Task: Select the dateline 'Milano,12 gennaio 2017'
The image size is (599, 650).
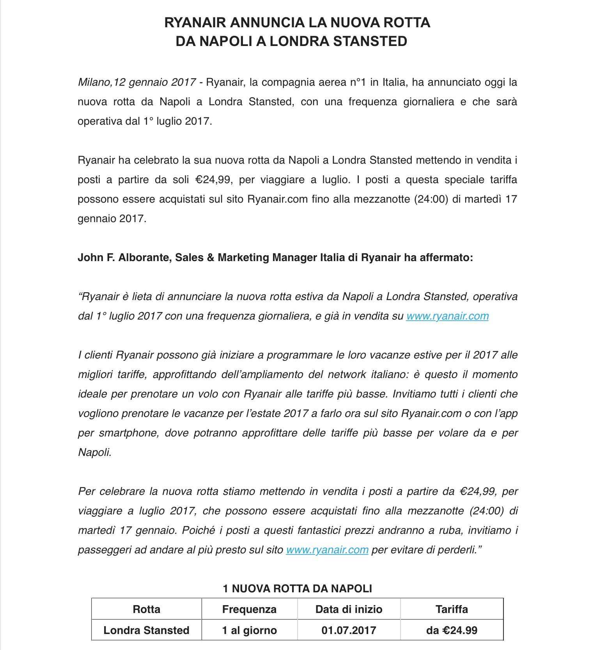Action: (137, 82)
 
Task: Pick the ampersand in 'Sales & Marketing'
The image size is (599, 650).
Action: (211, 258)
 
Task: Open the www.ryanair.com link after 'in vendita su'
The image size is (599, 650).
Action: (447, 316)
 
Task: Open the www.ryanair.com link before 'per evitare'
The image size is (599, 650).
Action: (327, 550)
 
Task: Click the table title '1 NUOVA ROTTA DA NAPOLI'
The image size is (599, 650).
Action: (297, 588)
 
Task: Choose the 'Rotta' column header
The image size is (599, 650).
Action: (147, 609)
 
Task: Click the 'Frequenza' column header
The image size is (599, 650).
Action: (249, 609)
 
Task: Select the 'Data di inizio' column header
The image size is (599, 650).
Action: (349, 609)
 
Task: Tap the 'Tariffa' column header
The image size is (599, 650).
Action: (452, 609)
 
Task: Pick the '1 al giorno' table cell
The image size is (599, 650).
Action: (249, 631)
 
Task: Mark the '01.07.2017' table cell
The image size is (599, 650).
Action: (349, 631)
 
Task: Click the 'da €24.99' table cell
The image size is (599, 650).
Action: (452, 631)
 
